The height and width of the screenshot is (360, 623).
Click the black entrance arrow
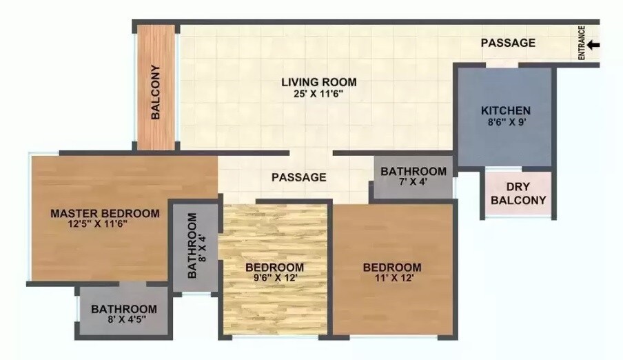point(594,45)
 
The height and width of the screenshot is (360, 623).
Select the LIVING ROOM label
point(318,83)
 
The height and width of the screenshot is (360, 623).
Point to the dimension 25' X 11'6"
point(318,94)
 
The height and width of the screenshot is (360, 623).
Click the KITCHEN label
point(505,110)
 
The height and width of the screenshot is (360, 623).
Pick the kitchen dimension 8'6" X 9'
point(505,122)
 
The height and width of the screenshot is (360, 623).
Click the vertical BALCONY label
point(156,92)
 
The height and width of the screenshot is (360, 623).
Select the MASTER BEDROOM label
point(105,213)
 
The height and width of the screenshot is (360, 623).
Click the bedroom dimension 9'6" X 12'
point(275,279)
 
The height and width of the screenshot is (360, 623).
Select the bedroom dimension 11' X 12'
point(392,279)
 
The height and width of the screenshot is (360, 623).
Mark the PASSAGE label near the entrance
point(508,43)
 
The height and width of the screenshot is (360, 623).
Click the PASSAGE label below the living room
point(298,177)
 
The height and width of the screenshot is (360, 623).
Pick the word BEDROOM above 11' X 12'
point(392,268)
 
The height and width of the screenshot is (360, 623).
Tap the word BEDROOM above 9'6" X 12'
point(275,268)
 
